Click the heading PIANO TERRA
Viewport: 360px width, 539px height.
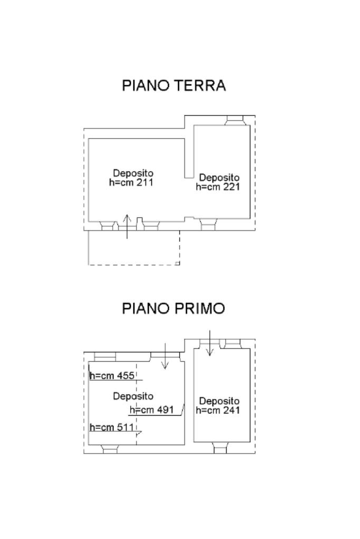(x=174, y=86)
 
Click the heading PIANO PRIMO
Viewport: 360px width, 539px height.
(x=173, y=309)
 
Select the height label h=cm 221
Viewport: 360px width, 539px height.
(x=218, y=187)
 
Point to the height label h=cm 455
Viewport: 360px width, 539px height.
(x=113, y=376)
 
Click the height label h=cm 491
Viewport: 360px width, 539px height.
(x=152, y=410)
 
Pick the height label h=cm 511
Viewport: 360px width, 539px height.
(x=112, y=427)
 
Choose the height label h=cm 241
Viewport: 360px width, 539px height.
(x=218, y=410)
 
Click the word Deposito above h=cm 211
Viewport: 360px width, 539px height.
(x=133, y=173)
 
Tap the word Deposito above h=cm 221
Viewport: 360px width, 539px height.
(x=219, y=178)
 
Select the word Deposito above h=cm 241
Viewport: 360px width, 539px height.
(x=219, y=401)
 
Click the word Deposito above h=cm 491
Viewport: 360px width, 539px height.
(x=133, y=396)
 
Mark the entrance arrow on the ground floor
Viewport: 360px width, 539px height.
(x=127, y=226)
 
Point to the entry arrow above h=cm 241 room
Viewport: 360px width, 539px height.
(x=210, y=343)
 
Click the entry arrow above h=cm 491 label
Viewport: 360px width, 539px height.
(x=165, y=356)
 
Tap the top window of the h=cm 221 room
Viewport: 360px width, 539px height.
(x=233, y=121)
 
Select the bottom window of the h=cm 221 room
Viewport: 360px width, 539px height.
(x=209, y=225)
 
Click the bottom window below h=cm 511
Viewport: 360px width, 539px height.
(x=110, y=449)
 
